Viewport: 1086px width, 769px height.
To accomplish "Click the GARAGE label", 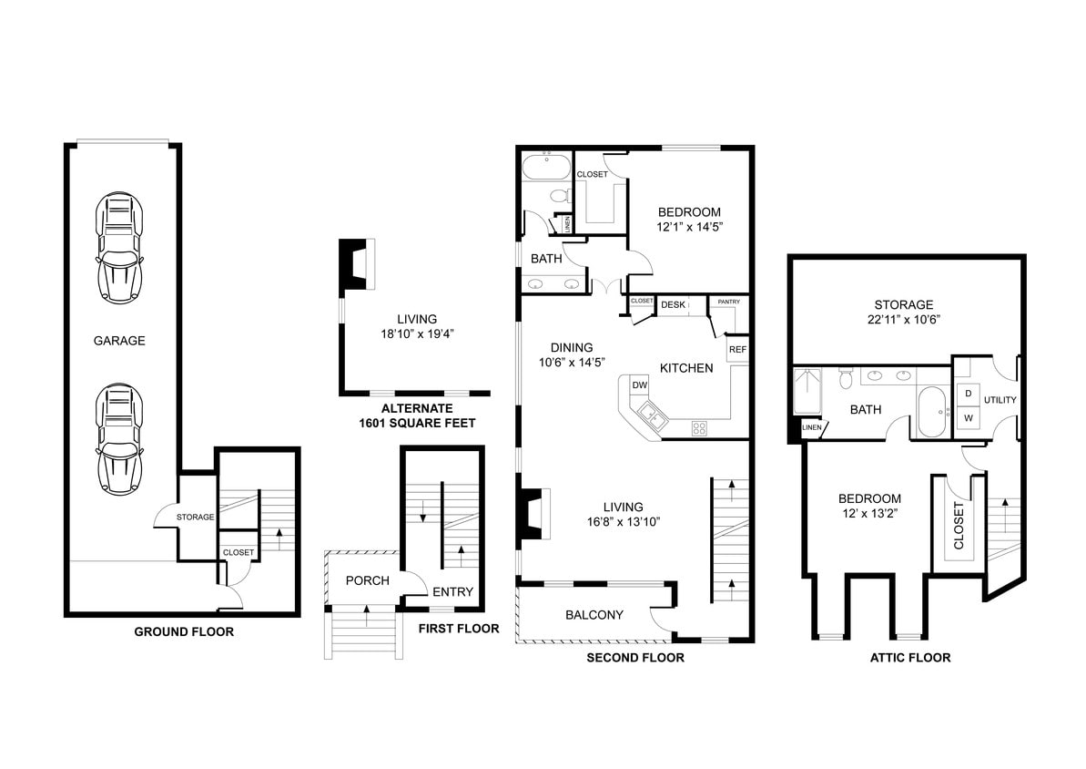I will click(x=119, y=341).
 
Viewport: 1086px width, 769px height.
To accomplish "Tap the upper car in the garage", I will click(x=119, y=248).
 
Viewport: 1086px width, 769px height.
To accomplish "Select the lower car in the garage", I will click(x=119, y=436).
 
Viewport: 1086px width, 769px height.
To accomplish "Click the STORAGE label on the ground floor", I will click(x=195, y=517).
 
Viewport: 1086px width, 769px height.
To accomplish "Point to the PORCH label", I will click(x=367, y=580).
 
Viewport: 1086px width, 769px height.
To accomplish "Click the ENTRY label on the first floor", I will click(x=452, y=592).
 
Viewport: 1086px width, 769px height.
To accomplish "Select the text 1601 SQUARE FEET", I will click(x=416, y=423).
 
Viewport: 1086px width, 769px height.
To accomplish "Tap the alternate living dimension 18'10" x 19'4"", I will click(x=416, y=334).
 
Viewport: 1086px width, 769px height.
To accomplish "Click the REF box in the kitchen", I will click(x=736, y=349).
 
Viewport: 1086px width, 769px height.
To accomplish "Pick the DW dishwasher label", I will click(x=640, y=385).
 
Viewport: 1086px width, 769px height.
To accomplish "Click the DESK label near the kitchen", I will click(x=673, y=304).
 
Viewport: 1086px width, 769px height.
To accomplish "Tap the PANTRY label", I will click(x=729, y=302).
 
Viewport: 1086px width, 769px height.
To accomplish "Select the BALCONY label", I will click(x=594, y=615).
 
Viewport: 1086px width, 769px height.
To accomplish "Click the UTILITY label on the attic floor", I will click(x=1000, y=400).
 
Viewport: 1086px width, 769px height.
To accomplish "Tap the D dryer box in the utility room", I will click(x=968, y=392).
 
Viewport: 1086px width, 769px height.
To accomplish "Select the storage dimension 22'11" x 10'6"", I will click(x=904, y=320).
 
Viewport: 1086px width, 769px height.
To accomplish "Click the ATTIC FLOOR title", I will click(x=910, y=657).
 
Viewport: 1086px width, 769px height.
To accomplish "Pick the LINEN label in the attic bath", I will click(x=812, y=427).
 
